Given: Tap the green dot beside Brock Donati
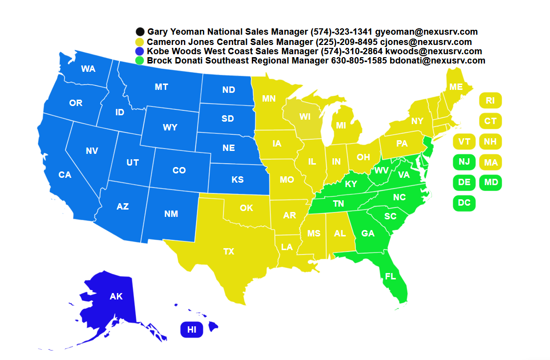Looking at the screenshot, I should [x=141, y=61].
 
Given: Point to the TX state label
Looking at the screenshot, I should [x=229, y=252].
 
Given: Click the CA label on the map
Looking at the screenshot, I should [x=65, y=174].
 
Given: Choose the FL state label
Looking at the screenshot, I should [x=390, y=276].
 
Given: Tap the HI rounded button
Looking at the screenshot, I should [x=192, y=330].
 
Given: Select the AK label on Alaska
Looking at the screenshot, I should [x=116, y=296].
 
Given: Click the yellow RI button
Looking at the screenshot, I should [x=490, y=101].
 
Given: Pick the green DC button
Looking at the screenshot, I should [x=464, y=203].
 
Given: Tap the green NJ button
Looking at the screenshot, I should [x=464, y=162].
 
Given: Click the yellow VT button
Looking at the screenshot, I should [x=464, y=142].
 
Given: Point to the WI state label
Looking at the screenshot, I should [x=305, y=117].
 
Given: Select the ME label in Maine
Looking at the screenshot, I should [x=456, y=87].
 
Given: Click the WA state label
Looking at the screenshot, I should [x=88, y=69].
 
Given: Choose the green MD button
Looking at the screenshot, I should [x=490, y=183].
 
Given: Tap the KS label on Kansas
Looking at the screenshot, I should [x=238, y=180].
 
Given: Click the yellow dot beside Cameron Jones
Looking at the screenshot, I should [x=141, y=42].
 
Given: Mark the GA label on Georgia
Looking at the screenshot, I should [x=368, y=233].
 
